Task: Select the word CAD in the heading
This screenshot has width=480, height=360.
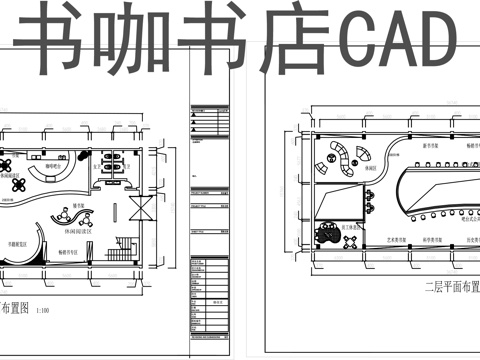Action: click(x=391, y=42)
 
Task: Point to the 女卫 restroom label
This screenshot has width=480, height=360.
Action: click(x=96, y=169)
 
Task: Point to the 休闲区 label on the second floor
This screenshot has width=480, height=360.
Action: click(x=370, y=169)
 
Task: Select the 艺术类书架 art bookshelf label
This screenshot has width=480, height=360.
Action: click(x=369, y=240)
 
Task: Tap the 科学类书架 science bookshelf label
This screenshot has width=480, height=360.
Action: click(x=419, y=240)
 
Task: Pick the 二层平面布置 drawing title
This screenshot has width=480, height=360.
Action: click(x=445, y=285)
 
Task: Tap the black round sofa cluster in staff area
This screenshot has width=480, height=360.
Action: click(x=327, y=237)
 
